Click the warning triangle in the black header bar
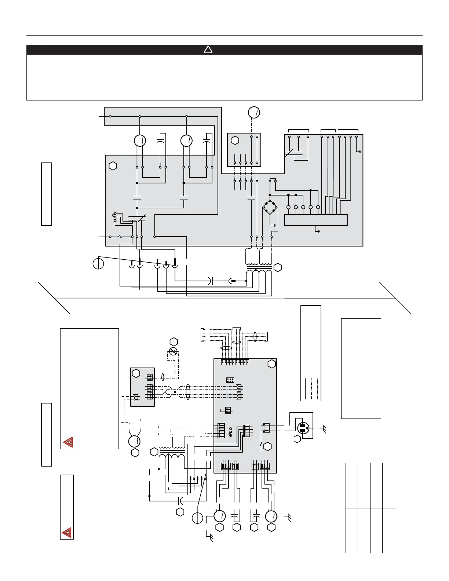[x=208, y=50]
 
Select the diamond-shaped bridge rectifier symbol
[x=270, y=208]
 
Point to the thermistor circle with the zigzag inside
[x=174, y=351]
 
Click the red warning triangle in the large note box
[x=68, y=442]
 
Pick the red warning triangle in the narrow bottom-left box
[x=67, y=532]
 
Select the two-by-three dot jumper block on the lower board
[x=230, y=380]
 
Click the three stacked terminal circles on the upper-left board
[x=115, y=217]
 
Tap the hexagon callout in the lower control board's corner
[x=271, y=364]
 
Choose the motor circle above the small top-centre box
[x=254, y=112]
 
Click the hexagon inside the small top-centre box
[x=235, y=140]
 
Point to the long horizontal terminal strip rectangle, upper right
[x=316, y=220]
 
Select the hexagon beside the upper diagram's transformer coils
[x=278, y=268]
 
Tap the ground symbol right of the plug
[x=324, y=428]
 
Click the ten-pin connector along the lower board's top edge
[x=235, y=362]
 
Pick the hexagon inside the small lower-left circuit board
[x=136, y=373]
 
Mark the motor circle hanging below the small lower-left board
[x=135, y=441]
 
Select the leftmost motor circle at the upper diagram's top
[x=140, y=140]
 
